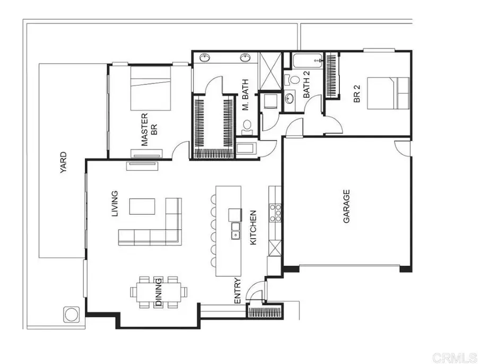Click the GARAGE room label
[346, 206]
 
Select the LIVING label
[114, 205]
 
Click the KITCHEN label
[253, 228]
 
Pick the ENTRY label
[237, 291]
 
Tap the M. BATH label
[246, 98]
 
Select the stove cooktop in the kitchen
[275, 212]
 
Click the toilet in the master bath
[246, 126]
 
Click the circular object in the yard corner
[71, 314]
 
